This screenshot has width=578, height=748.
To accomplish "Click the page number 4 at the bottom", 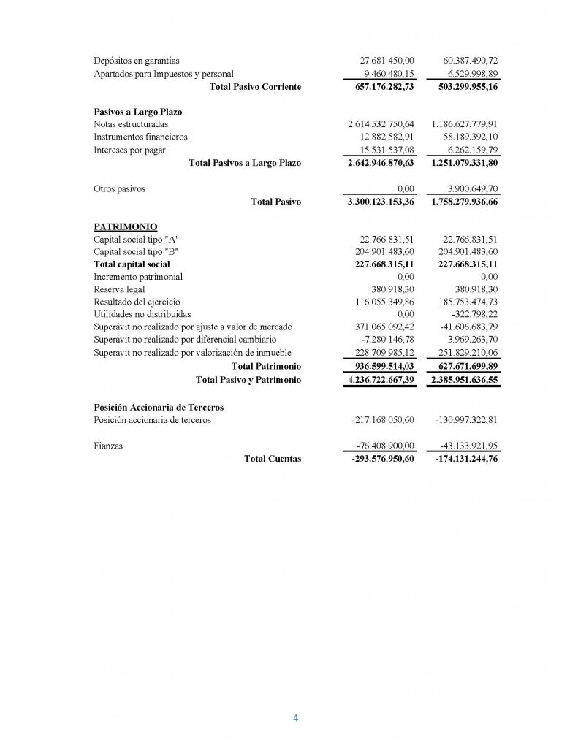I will (295, 717).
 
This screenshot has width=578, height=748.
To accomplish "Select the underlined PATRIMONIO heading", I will (126, 226).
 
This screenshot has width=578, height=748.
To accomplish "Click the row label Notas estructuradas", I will (131, 123).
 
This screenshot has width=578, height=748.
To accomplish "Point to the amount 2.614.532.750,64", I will (381, 123).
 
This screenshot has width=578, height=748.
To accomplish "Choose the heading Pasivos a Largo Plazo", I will (138, 112).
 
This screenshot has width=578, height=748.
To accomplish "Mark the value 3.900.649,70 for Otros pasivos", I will (469, 188).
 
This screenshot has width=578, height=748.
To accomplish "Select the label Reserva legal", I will (120, 289).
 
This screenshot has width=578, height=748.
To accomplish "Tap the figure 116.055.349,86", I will (381, 302).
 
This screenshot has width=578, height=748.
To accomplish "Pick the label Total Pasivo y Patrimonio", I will (248, 380).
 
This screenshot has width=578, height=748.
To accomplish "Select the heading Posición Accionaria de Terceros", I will (159, 407).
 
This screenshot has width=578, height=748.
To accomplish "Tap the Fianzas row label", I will (108, 446).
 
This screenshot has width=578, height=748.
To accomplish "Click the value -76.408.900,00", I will (383, 446).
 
